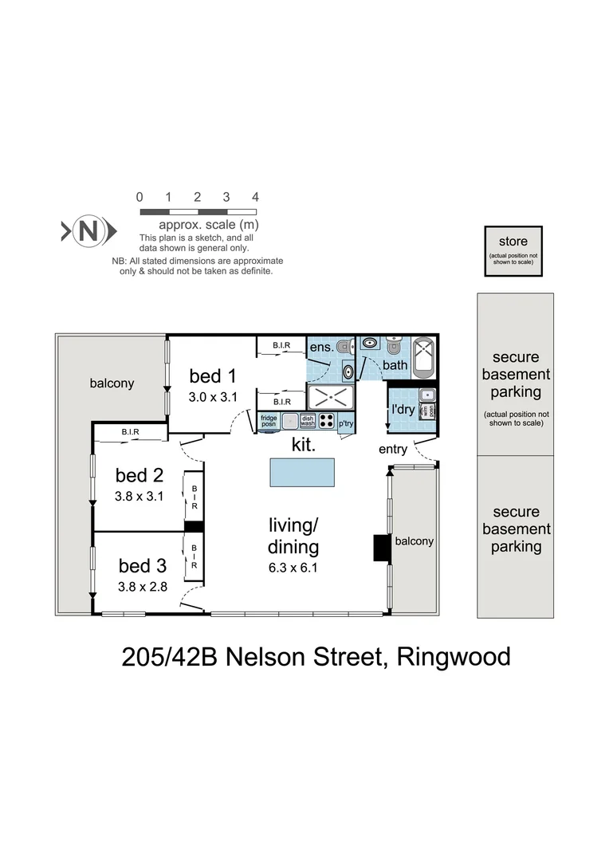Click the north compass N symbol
[x=88, y=232]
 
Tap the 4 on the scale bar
[x=255, y=197]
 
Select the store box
[x=518, y=250]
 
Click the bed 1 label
[x=213, y=375]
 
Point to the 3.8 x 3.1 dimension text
[x=139, y=497]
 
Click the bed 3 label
[x=143, y=566]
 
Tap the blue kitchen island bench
[x=301, y=472]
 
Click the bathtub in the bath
[x=423, y=356]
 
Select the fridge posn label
[x=269, y=420]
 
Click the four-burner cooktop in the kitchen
[x=327, y=420]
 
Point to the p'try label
[x=346, y=423]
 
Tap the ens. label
[x=320, y=348]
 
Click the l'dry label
[x=403, y=410]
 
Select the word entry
[x=393, y=450]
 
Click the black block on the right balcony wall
[x=381, y=548]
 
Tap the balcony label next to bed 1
[x=112, y=383]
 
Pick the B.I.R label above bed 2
[x=131, y=433]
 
